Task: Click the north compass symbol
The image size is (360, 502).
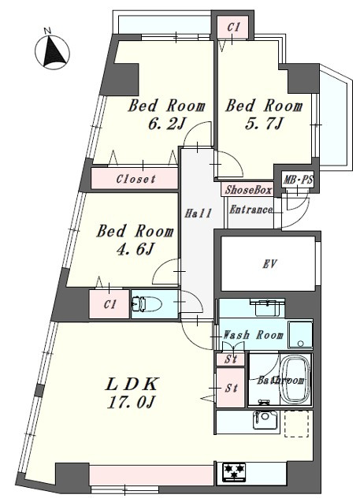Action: click(x=52, y=51)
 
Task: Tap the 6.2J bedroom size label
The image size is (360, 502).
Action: click(x=167, y=123)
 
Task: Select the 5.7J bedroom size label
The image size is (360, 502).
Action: click(x=264, y=123)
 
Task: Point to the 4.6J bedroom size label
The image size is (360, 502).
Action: click(x=135, y=249)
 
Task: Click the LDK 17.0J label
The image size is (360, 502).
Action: click(x=132, y=393)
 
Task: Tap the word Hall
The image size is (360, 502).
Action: click(x=198, y=214)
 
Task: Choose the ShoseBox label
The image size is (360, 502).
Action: click(x=248, y=190)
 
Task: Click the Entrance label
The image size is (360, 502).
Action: click(x=251, y=210)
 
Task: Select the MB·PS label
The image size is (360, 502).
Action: click(x=299, y=180)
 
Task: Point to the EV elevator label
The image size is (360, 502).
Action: click(x=269, y=264)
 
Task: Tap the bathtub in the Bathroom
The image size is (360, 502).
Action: click(x=295, y=381)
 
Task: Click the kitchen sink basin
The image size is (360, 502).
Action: click(x=265, y=420)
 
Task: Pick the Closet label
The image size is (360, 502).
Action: click(x=135, y=179)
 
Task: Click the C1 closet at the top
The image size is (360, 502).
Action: click(x=233, y=28)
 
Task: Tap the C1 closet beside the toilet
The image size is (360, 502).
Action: click(x=109, y=304)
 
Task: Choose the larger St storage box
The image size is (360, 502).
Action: click(x=230, y=388)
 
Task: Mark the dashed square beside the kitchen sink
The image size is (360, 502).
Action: click(x=297, y=423)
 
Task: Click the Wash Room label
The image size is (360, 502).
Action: click(x=253, y=335)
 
